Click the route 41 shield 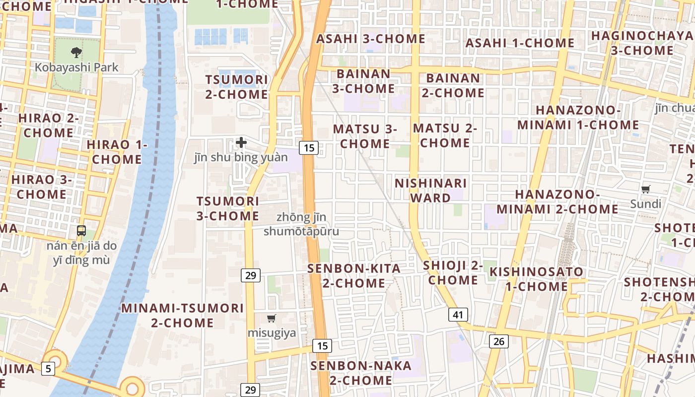[x=458, y=315]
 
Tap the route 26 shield [x=499, y=341]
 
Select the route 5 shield [x=48, y=368]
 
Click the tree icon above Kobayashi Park [x=76, y=52]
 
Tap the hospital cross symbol [x=241, y=142]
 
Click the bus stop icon [x=81, y=231]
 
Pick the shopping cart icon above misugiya [x=272, y=318]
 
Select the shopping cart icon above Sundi [x=645, y=189]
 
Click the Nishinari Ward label [x=430, y=191]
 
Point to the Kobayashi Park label [x=76, y=67]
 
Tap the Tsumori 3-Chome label [x=228, y=208]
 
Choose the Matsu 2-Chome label [x=445, y=135]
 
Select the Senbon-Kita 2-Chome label [x=354, y=275]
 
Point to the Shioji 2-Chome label [x=453, y=272]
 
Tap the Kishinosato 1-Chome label [x=536, y=279]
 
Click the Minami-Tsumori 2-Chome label [x=183, y=315]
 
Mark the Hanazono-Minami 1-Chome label [x=578, y=118]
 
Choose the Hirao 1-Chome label [x=117, y=152]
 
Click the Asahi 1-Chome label [x=519, y=43]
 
